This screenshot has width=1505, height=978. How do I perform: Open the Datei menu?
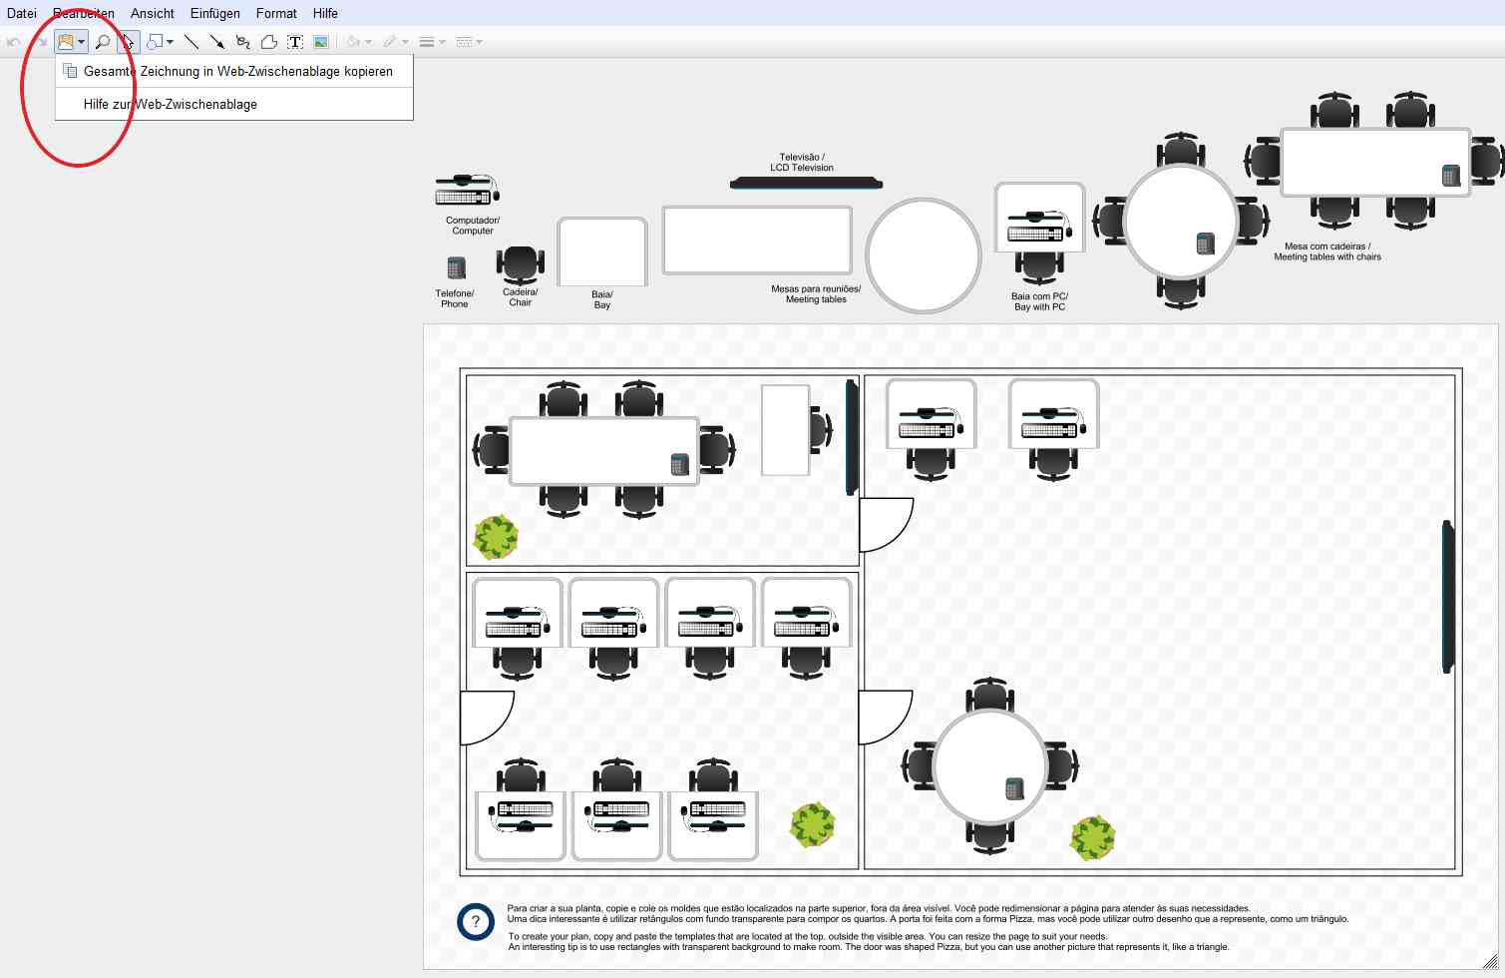click(21, 13)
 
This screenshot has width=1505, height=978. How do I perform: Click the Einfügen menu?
click(214, 13)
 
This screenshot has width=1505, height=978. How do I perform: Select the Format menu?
click(276, 13)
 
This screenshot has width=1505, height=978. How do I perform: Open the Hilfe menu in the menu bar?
click(325, 13)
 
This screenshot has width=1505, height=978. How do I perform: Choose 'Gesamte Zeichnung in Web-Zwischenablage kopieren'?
click(237, 71)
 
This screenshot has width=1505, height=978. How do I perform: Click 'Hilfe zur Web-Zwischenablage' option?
click(171, 104)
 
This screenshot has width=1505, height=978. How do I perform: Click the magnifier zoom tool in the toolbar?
click(102, 42)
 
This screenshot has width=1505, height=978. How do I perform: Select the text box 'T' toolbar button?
click(295, 42)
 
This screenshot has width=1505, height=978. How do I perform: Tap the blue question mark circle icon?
click(476, 922)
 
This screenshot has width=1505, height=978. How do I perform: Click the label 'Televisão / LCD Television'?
click(802, 163)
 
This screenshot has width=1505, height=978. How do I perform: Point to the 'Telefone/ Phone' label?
click(455, 298)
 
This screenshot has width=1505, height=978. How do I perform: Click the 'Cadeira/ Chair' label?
click(521, 297)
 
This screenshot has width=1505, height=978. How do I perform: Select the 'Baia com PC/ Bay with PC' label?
click(1040, 301)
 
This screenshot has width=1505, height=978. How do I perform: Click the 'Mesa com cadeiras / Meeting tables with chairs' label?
click(1327, 251)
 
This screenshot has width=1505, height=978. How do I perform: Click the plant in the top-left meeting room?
click(496, 537)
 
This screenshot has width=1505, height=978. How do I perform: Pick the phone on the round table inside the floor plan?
click(1014, 788)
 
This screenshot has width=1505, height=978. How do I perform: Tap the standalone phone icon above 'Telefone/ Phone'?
click(457, 267)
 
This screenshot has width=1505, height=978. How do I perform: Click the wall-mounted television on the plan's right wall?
click(1448, 596)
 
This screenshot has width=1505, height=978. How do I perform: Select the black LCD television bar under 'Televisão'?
click(806, 183)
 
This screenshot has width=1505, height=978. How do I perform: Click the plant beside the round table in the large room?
click(1092, 837)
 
